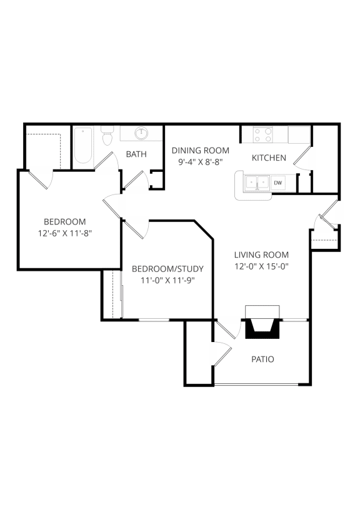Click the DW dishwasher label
(x=278, y=183)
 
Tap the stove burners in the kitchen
(x=262, y=135)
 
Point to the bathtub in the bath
(x=83, y=146)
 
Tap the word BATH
(x=136, y=154)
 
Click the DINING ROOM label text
(x=201, y=150)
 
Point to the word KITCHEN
(x=269, y=158)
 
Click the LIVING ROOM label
(x=261, y=254)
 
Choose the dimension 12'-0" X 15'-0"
(x=261, y=265)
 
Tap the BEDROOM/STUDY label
(x=167, y=269)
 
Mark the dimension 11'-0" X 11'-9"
(x=167, y=280)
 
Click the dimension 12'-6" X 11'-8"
(x=65, y=233)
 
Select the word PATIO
(x=262, y=360)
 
